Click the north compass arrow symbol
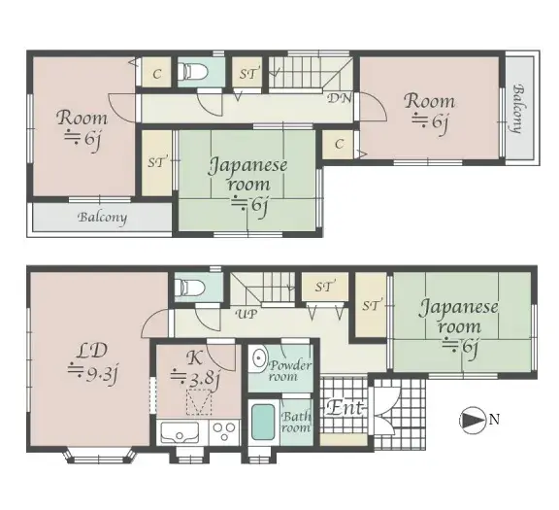[471, 420]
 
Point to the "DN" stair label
[338, 98]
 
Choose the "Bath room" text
[295, 422]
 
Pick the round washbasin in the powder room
[258, 359]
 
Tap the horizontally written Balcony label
[102, 218]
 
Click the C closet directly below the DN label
[339, 145]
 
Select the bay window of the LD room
[104, 453]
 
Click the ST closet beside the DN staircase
[247, 73]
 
